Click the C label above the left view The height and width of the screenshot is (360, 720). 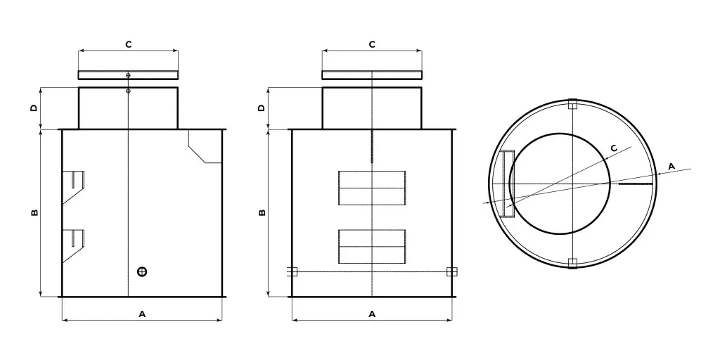point(129,44)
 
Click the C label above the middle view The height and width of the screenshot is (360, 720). point(372,44)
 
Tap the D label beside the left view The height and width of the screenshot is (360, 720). point(34,108)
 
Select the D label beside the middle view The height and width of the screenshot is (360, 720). point(262,108)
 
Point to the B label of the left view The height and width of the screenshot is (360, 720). point(34,212)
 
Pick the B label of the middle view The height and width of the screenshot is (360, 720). point(262,212)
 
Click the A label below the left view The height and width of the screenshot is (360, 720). point(142,314)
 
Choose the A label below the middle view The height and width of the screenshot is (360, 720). point(373,314)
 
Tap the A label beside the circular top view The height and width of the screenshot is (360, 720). point(671,166)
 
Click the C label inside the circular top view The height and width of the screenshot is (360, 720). point(615,148)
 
